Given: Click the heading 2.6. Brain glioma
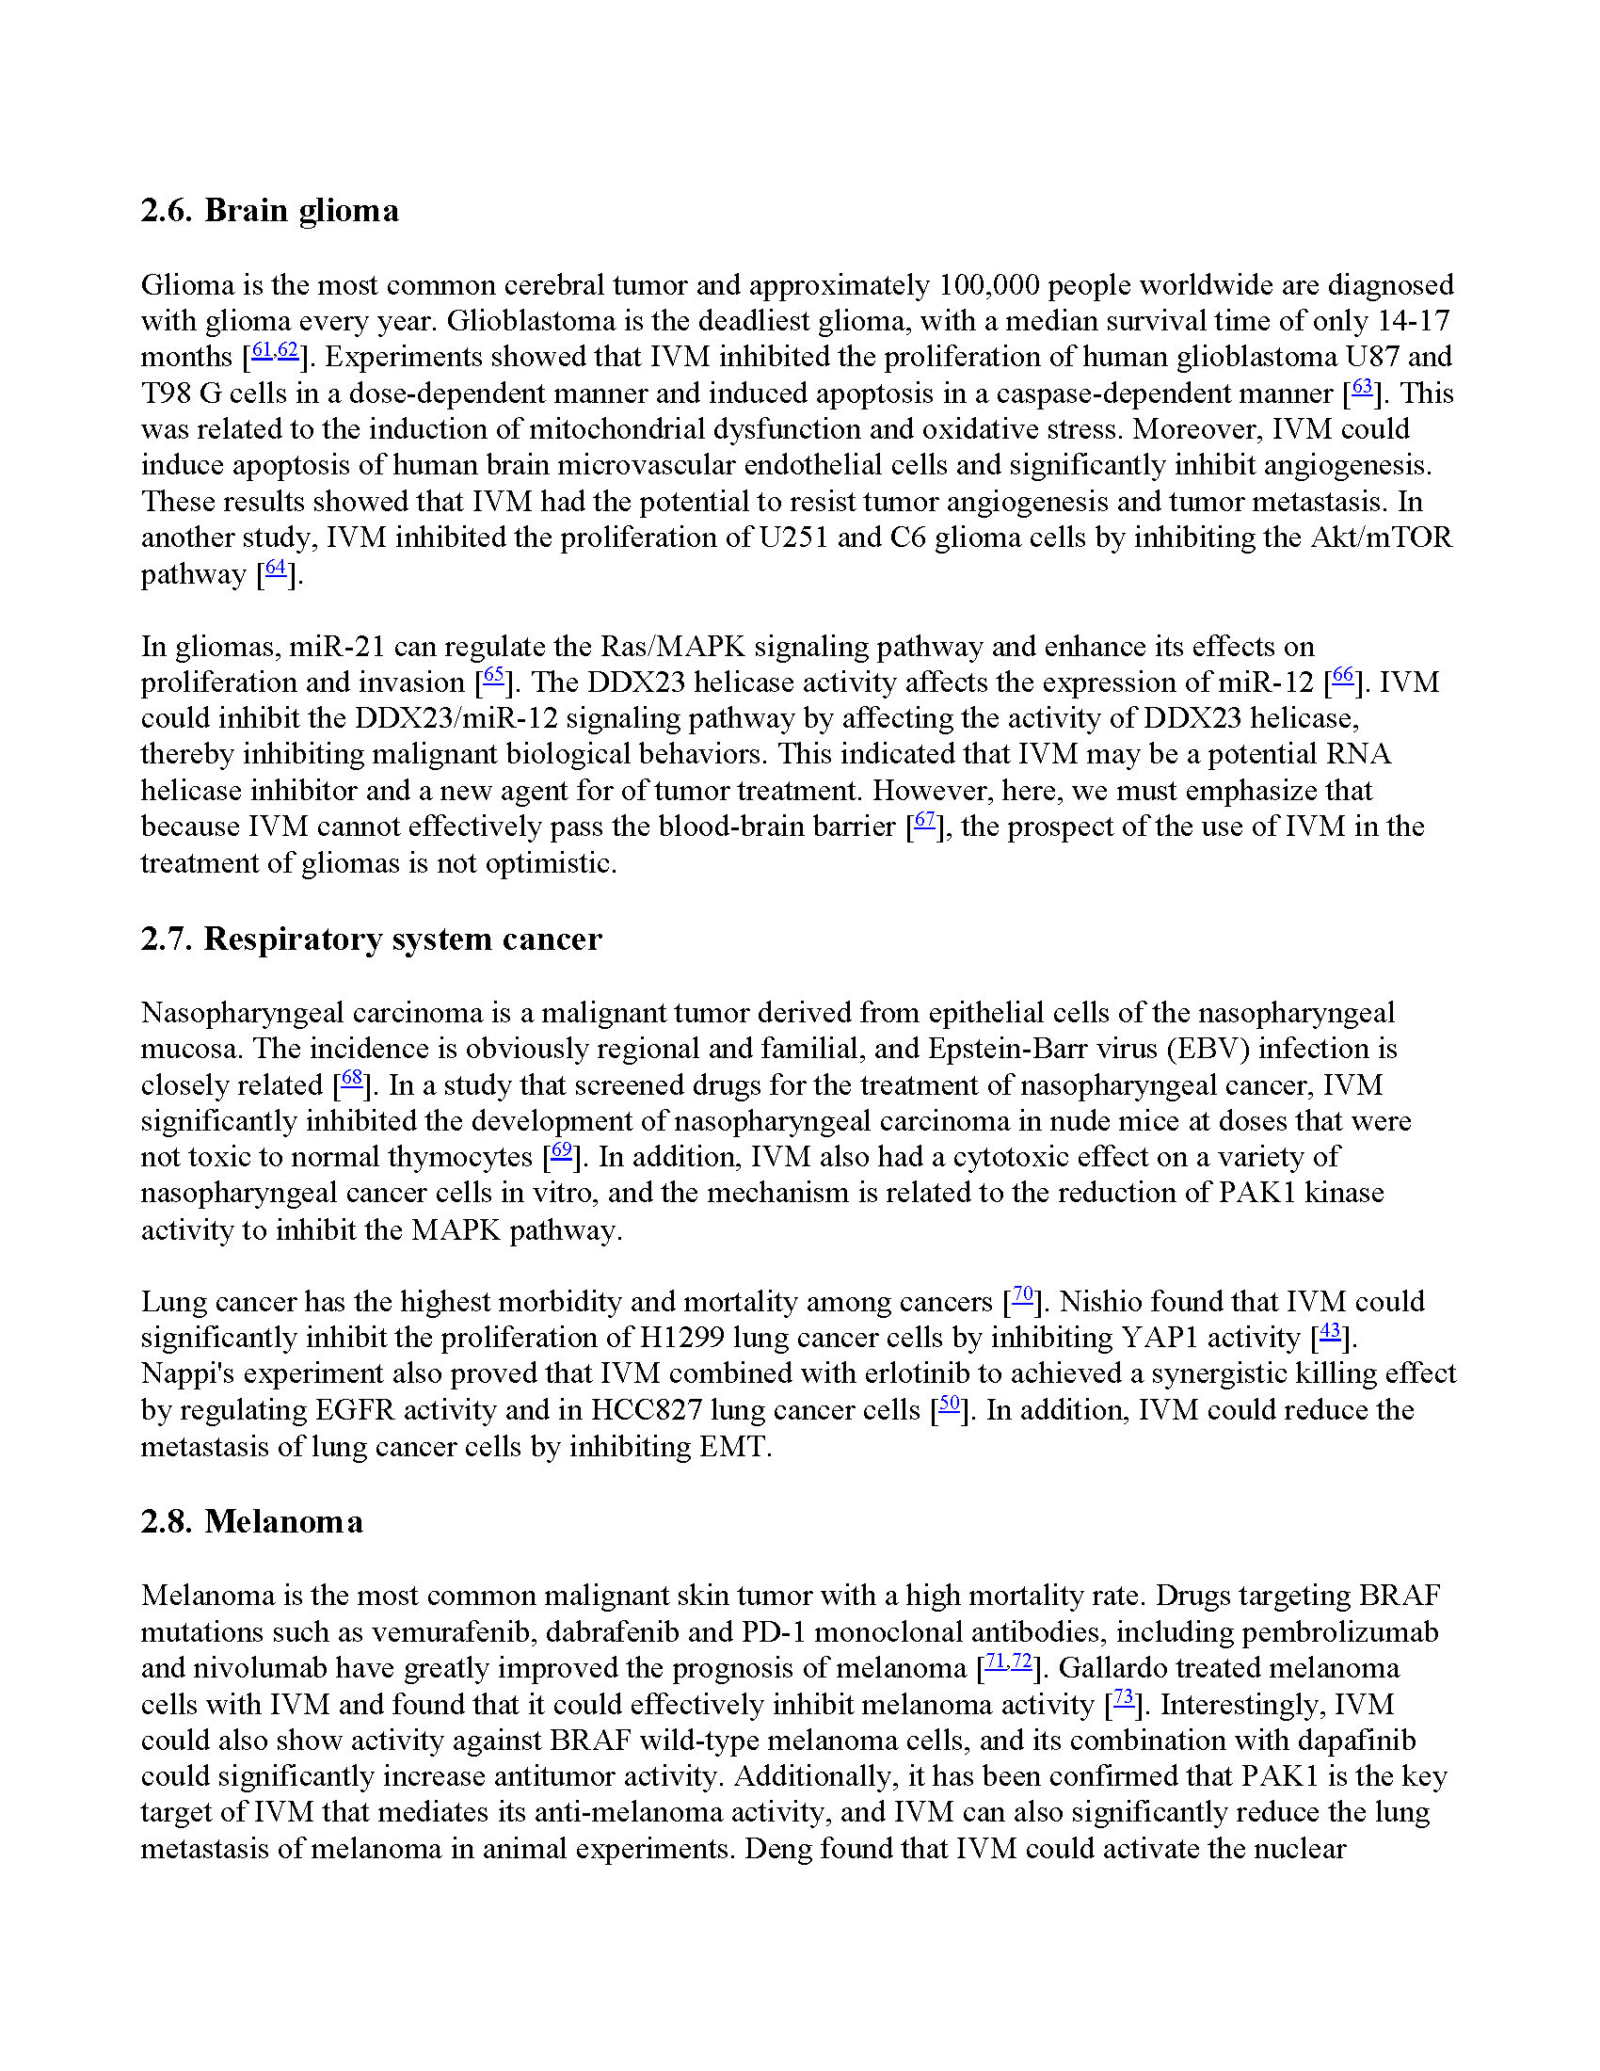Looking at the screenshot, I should (269, 211).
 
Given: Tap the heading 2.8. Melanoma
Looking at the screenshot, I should (251, 1521).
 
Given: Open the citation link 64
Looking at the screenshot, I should (276, 568).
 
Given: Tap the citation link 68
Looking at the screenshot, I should (352, 1078).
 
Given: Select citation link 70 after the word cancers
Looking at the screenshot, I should (1023, 1294).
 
